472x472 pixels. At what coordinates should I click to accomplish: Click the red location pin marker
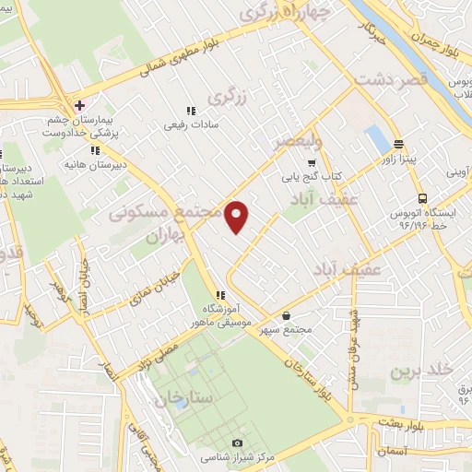(x=237, y=215)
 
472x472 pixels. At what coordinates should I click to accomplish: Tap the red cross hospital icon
(x=80, y=105)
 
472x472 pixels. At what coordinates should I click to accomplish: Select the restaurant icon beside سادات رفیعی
(x=191, y=110)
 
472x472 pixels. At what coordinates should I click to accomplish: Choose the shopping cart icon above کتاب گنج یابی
(x=310, y=162)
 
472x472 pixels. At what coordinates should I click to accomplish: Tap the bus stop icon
(x=422, y=197)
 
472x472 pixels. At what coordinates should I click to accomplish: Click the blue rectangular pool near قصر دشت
(x=377, y=138)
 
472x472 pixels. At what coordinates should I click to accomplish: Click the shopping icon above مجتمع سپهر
(x=287, y=314)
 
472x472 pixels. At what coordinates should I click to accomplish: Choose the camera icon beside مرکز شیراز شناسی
(x=238, y=443)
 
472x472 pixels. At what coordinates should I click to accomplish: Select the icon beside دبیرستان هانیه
(x=95, y=150)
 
